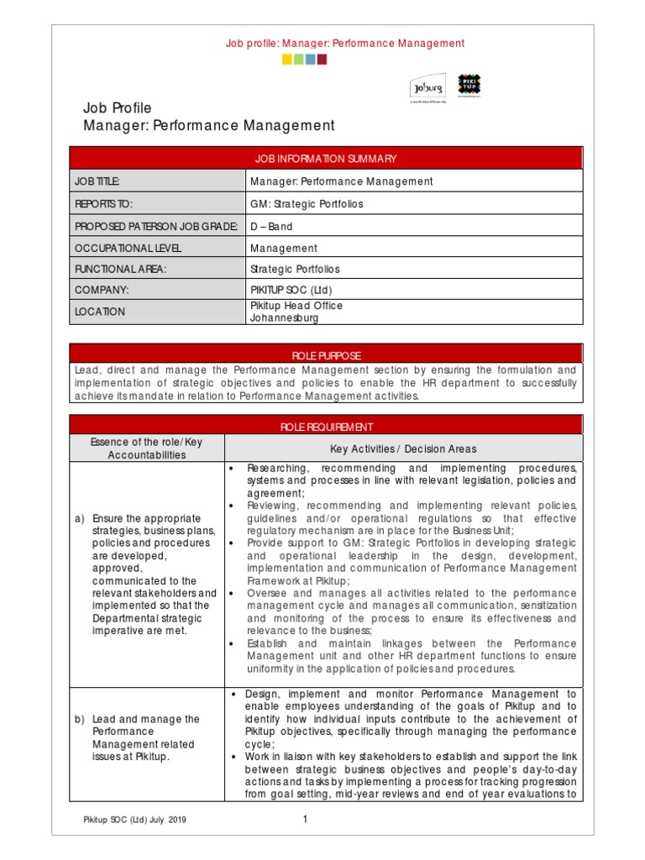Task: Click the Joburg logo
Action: (427, 87)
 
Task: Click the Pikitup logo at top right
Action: (469, 86)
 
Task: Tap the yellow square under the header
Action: (287, 60)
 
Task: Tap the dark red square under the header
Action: (322, 60)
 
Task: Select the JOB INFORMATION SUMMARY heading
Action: (326, 159)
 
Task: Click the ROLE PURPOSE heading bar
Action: (326, 355)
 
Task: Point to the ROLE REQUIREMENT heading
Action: (326, 427)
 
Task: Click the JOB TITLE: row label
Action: (97, 181)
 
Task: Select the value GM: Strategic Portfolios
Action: (295, 203)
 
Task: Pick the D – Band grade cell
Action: (271, 226)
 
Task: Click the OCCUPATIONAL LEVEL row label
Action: (128, 248)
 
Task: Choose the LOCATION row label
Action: (100, 312)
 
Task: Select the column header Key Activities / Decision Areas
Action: (403, 448)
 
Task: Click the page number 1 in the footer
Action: (306, 820)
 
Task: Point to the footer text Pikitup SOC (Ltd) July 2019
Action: (134, 821)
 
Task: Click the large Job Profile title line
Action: (117, 107)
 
